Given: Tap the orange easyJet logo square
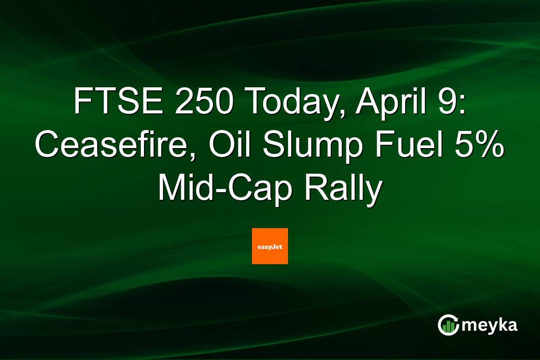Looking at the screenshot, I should point(270,246).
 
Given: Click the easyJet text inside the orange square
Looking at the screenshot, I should point(270,247).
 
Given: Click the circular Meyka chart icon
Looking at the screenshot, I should point(449,325).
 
